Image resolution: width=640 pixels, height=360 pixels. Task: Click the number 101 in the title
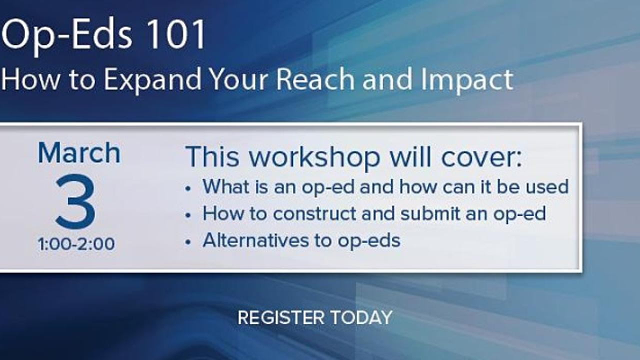point(177,34)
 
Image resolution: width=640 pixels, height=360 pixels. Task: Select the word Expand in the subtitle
point(152,80)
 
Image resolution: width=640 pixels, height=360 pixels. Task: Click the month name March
point(79,153)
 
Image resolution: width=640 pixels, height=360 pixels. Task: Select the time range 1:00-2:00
point(76,244)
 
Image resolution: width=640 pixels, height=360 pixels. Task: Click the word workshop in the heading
point(314,157)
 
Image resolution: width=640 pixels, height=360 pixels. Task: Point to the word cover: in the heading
point(481,157)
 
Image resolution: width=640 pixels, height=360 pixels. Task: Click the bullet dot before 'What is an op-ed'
point(187,188)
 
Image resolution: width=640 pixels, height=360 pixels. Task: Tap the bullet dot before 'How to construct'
point(187,215)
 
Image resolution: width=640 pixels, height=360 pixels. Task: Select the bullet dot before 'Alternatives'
point(187,242)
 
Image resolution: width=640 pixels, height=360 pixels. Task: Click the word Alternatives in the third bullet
point(255,240)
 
